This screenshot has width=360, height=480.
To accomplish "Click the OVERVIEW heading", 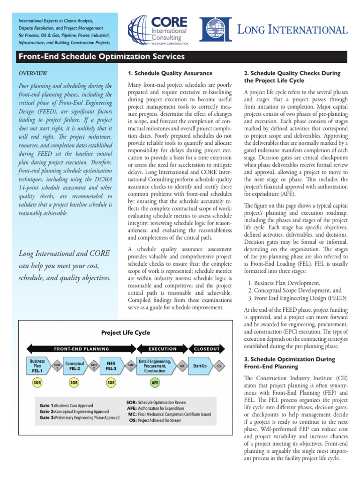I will click(x=32, y=74).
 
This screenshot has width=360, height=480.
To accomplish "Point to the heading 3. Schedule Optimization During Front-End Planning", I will click(x=290, y=363).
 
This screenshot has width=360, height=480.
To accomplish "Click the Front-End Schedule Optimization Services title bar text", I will click(x=101, y=57).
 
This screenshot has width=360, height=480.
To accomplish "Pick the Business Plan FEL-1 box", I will click(x=37, y=365).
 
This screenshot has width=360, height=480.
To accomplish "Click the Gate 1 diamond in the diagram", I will click(x=57, y=365).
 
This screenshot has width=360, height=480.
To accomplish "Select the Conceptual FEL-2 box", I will click(x=75, y=365).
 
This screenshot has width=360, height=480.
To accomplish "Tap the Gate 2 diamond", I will click(x=94, y=365).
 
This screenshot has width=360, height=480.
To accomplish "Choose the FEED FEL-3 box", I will click(x=111, y=365).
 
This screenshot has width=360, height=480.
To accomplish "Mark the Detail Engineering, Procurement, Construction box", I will click(x=155, y=365).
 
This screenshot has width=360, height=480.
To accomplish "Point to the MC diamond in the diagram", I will click(x=181, y=365).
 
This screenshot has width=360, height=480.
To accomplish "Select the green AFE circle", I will click(x=155, y=383).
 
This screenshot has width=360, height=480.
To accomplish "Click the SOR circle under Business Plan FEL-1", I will click(x=37, y=383).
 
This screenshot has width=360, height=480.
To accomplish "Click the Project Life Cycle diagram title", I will click(x=126, y=332).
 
